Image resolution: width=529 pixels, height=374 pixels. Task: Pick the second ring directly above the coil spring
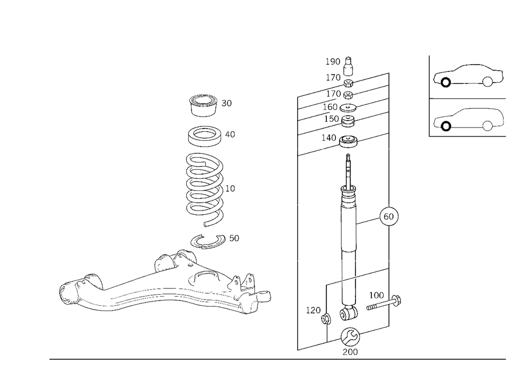tap(204, 136)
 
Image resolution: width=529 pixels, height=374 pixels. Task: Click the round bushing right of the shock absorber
tap(390, 217)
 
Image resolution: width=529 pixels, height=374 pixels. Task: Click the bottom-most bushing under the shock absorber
tap(350, 341)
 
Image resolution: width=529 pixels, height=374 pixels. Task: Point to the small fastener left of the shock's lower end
tap(319, 315)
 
